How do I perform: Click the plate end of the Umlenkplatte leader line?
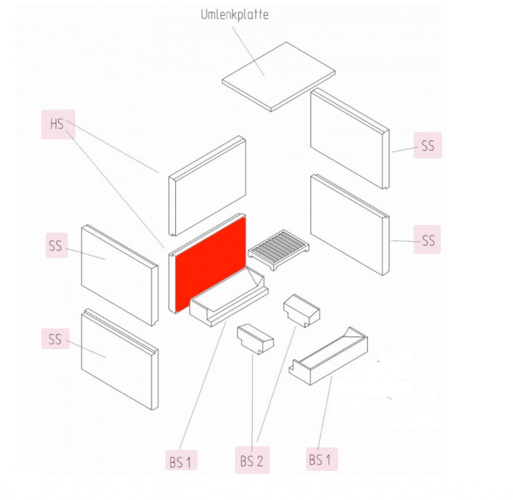coord(264,75)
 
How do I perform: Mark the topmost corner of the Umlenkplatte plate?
coord(286,42)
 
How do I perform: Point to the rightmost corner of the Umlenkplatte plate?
coord(335,71)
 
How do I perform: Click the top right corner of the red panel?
coord(245,217)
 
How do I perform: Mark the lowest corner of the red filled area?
coord(176,312)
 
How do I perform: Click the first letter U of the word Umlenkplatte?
coord(205,15)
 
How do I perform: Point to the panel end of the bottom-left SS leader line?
coord(106,357)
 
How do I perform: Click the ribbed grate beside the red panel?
coord(279,250)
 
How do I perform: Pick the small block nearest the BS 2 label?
coord(255,339)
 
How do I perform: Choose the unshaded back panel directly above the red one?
coord(207,186)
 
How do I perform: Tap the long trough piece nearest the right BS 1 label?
coord(328,356)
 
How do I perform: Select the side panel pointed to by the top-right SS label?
coord(350,138)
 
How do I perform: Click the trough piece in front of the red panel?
coord(229,297)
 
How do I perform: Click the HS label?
coord(58,124)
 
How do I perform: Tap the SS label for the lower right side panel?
coord(427,240)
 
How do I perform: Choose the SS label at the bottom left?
coord(55,338)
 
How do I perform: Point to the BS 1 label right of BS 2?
coord(321,459)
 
